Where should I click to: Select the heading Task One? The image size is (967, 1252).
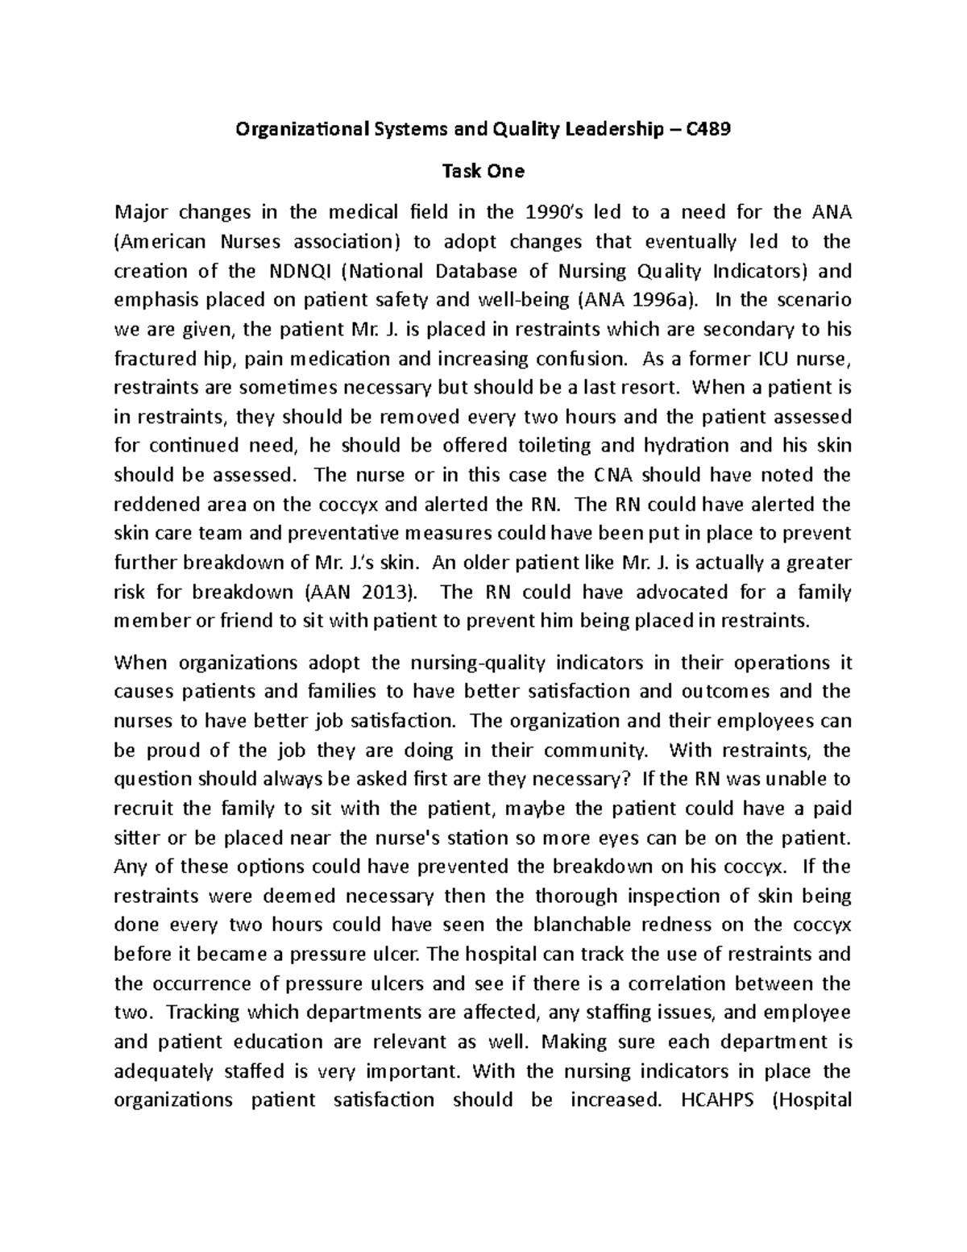tap(483, 171)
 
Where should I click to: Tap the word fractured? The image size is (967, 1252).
tap(150, 358)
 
